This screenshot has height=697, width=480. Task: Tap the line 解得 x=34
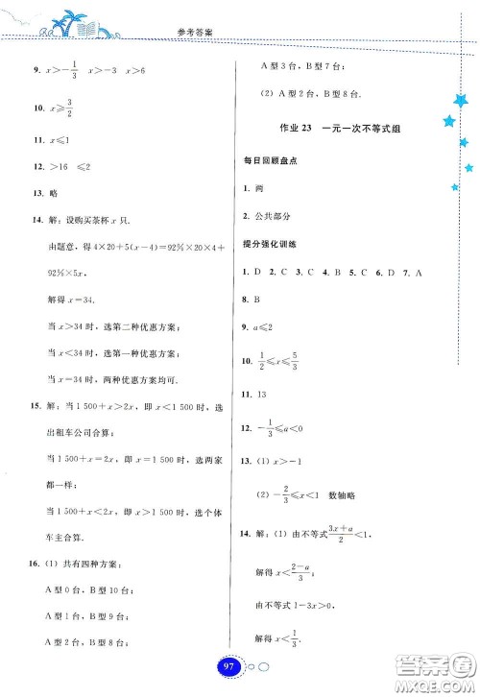[77, 300]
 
